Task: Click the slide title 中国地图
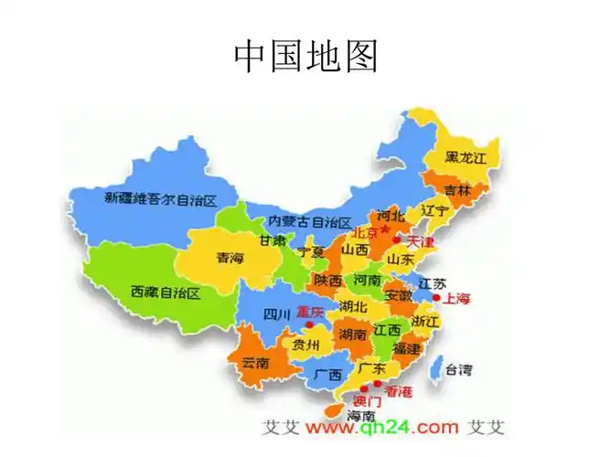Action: pyautogui.click(x=305, y=57)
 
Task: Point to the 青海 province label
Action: pyautogui.click(x=230, y=259)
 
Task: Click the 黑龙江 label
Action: pyautogui.click(x=466, y=158)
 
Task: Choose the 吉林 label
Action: pyautogui.click(x=456, y=191)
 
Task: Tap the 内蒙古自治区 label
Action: pyautogui.click(x=309, y=222)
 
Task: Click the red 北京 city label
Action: pyautogui.click(x=364, y=232)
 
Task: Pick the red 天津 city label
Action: pyautogui.click(x=420, y=242)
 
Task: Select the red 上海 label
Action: pyautogui.click(x=456, y=298)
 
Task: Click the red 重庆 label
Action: pyautogui.click(x=309, y=312)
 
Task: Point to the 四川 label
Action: pyautogui.click(x=276, y=315)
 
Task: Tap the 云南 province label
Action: pyautogui.click(x=254, y=363)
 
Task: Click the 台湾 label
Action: pyautogui.click(x=458, y=370)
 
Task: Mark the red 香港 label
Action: pyautogui.click(x=398, y=392)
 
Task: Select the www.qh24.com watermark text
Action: pyautogui.click(x=381, y=427)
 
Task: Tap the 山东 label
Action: pyautogui.click(x=400, y=260)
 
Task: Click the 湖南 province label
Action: pyautogui.click(x=352, y=335)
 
